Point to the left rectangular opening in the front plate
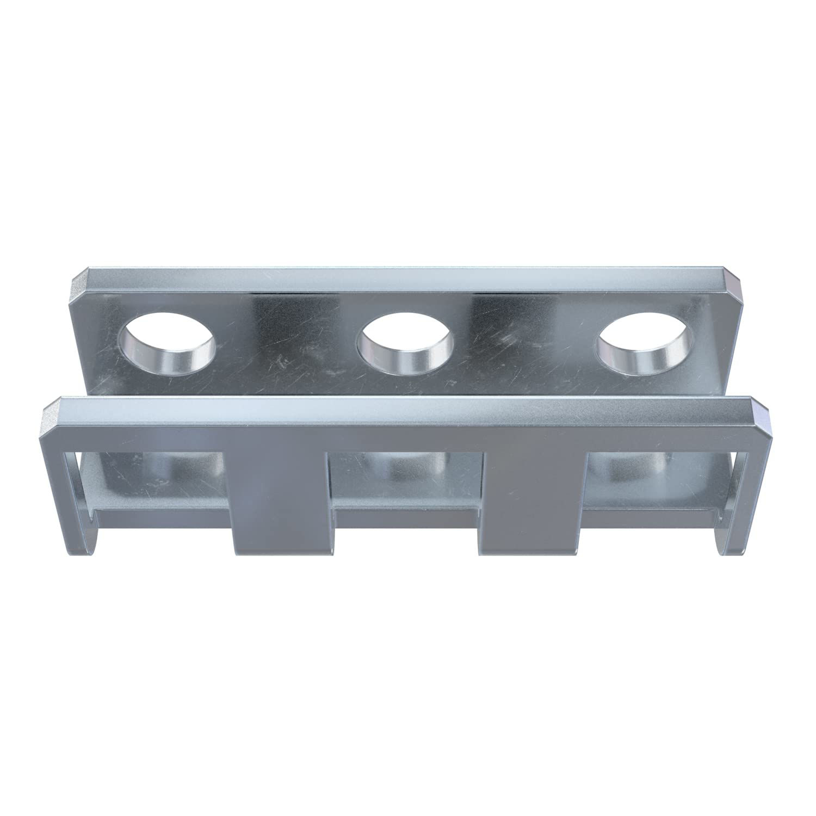point(158,479)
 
